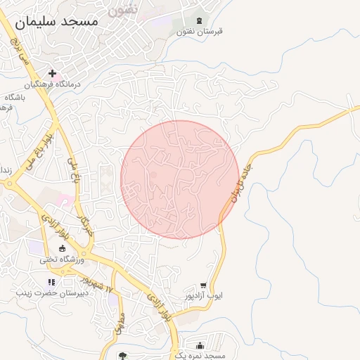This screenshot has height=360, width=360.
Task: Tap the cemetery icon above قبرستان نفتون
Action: [199, 20]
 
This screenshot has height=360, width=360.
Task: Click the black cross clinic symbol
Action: [52, 72]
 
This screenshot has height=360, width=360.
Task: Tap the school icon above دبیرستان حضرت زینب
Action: [51, 282]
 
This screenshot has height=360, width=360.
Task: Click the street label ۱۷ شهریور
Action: [99, 286]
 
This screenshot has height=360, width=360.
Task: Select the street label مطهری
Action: [120, 325]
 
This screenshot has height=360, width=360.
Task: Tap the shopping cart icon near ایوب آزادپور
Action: [203, 285]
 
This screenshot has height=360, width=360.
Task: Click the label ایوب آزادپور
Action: [201, 297]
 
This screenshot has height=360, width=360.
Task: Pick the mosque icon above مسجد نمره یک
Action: [201, 345]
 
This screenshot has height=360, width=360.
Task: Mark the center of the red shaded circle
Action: [180, 180]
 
